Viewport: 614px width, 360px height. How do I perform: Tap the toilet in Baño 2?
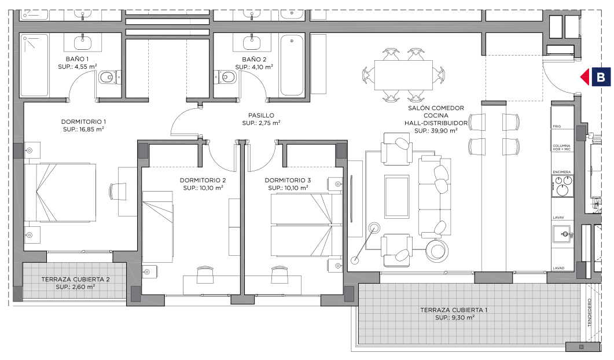point(225,77)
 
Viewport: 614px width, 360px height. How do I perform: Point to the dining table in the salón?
point(403,75)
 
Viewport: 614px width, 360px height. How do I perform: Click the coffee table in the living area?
point(396,197)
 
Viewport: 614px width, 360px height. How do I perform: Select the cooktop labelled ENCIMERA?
point(562,186)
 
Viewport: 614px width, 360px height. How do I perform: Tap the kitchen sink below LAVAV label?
point(562,234)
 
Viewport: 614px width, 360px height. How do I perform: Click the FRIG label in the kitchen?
point(557,127)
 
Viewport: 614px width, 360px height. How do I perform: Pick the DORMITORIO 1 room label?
point(83,122)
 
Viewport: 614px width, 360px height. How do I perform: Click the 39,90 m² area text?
point(436,131)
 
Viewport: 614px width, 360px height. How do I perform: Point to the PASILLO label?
point(261,116)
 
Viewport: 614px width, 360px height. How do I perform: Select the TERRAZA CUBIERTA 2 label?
point(76,280)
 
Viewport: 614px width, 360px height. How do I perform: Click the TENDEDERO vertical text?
point(589,313)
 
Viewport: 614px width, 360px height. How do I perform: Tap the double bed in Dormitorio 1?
point(60,193)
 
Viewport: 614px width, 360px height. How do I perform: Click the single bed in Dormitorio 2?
point(158,226)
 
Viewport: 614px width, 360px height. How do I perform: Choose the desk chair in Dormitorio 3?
point(279,274)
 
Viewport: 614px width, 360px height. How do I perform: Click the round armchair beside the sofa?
point(437,251)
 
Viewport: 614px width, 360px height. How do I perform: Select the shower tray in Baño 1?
point(35,65)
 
